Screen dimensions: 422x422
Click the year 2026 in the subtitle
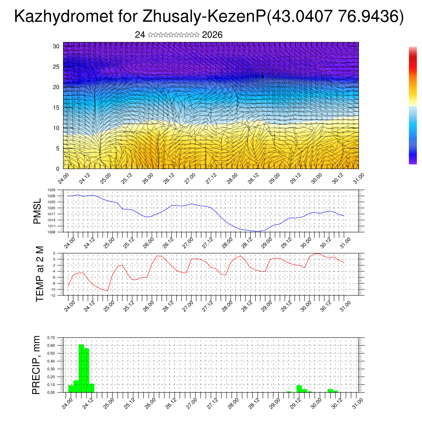click(x=212, y=35)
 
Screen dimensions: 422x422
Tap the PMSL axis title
click(x=38, y=211)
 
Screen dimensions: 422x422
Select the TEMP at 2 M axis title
click(x=40, y=274)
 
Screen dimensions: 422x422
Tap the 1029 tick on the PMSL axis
click(x=52, y=190)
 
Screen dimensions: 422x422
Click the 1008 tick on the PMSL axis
click(x=52, y=232)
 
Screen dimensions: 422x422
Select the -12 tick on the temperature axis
click(x=52, y=295)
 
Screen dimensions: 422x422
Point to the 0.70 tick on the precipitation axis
click(x=51, y=338)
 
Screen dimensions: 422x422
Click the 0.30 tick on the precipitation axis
click(x=51, y=369)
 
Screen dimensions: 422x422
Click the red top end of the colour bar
click(x=413, y=49)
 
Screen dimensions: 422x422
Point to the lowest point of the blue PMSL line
click(x=258, y=231)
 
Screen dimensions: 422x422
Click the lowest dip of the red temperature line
click(x=108, y=291)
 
